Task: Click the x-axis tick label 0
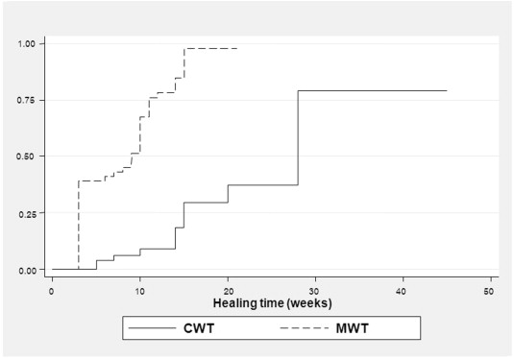52,290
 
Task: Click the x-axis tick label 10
140,290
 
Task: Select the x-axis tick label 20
228,290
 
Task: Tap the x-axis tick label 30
316,290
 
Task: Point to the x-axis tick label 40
404,290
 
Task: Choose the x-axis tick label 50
491,290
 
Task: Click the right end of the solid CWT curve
447,90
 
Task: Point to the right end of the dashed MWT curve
236,48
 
